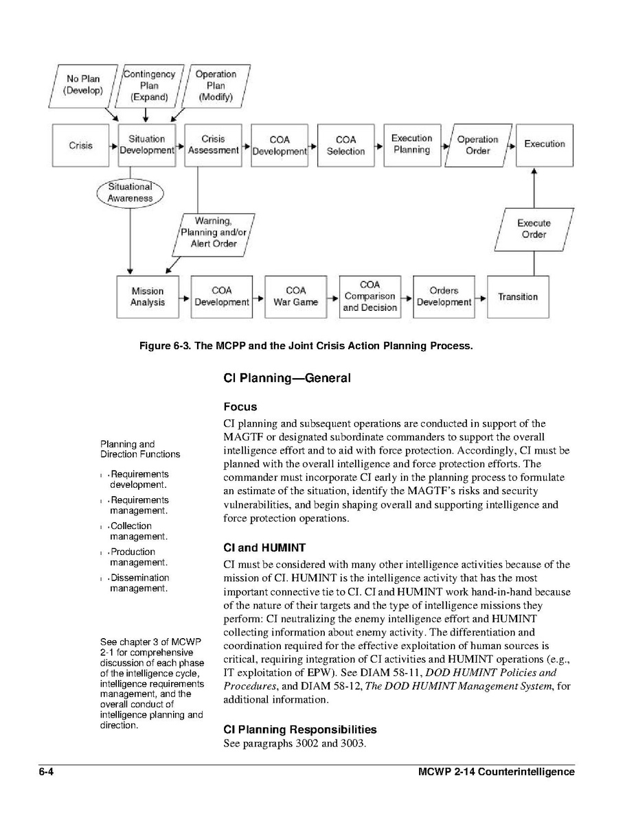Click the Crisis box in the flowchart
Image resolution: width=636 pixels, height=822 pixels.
(x=81, y=145)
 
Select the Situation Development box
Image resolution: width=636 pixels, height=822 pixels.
(x=147, y=145)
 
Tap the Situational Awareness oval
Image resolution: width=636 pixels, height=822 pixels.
(x=130, y=192)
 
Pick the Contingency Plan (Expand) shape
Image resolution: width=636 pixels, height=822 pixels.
(x=149, y=85)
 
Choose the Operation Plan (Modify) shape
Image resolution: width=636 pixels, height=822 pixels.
(x=215, y=85)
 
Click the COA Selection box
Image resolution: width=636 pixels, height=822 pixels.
(x=345, y=145)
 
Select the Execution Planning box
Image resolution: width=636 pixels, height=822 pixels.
(x=411, y=144)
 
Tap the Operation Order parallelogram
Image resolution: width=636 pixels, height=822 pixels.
(x=478, y=145)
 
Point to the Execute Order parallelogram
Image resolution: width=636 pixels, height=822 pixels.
(x=534, y=228)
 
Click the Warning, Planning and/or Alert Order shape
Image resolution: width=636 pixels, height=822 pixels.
(x=214, y=233)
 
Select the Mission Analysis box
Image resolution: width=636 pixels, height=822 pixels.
(x=147, y=296)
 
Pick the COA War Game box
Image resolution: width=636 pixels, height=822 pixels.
(x=295, y=296)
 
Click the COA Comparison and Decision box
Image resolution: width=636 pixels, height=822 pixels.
(x=370, y=296)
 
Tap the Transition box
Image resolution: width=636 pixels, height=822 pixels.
(x=518, y=296)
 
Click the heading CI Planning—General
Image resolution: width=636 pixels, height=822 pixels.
(x=287, y=378)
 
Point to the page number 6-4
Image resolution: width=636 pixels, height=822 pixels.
(x=46, y=771)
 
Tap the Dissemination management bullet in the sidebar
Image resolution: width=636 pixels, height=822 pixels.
(x=139, y=583)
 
